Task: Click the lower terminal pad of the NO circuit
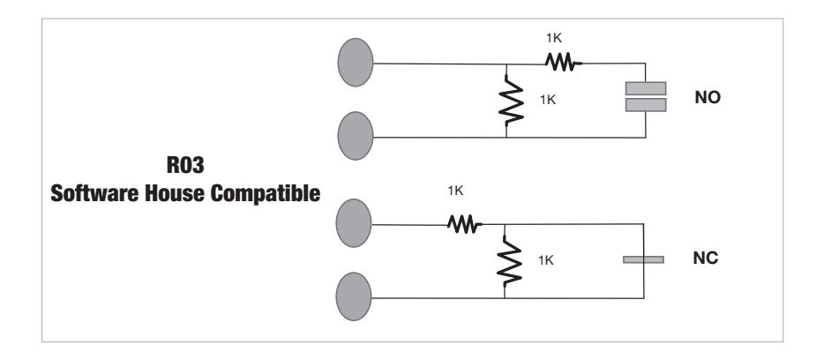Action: point(356,135)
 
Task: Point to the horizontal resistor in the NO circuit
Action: point(560,63)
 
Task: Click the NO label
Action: point(708,97)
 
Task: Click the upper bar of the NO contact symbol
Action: point(646,88)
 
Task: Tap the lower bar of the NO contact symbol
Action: point(646,105)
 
